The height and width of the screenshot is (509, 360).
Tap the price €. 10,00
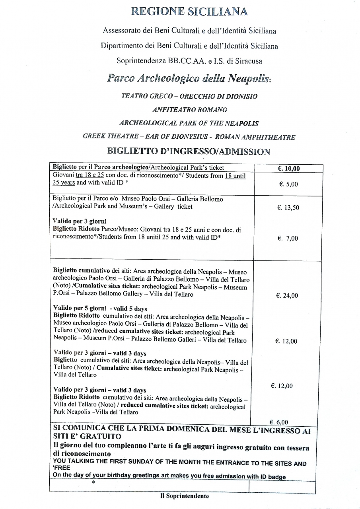tap(288, 168)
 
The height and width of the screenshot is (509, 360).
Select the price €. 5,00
tap(288, 184)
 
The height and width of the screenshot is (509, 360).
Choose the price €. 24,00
tap(286, 295)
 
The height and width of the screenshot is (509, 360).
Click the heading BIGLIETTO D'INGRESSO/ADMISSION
tap(189, 151)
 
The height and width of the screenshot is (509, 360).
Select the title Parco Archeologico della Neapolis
tap(188, 78)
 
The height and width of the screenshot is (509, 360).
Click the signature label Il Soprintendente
tap(185, 496)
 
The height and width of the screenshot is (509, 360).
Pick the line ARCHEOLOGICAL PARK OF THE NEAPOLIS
tap(189, 123)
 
